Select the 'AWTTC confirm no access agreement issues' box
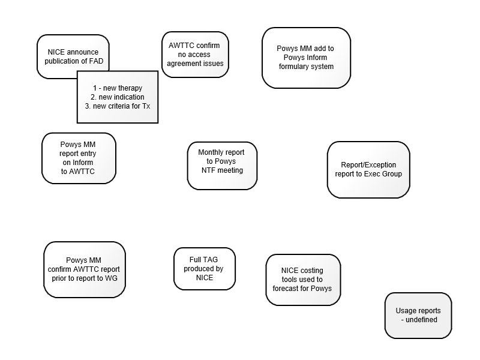tap(196, 55)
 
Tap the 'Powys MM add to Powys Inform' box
tap(306, 58)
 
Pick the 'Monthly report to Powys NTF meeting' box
tap(222, 166)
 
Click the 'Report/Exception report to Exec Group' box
tap(368, 170)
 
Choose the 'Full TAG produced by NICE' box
tap(205, 269)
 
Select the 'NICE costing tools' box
tap(303, 280)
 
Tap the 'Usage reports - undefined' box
tap(418, 316)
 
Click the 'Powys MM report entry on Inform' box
tap(79, 158)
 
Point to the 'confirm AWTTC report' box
tap(85, 269)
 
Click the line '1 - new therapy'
tap(118, 88)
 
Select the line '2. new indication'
tap(118, 97)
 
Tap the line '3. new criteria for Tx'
tap(118, 106)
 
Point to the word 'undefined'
tap(421, 320)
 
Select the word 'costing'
tap(311, 271)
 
